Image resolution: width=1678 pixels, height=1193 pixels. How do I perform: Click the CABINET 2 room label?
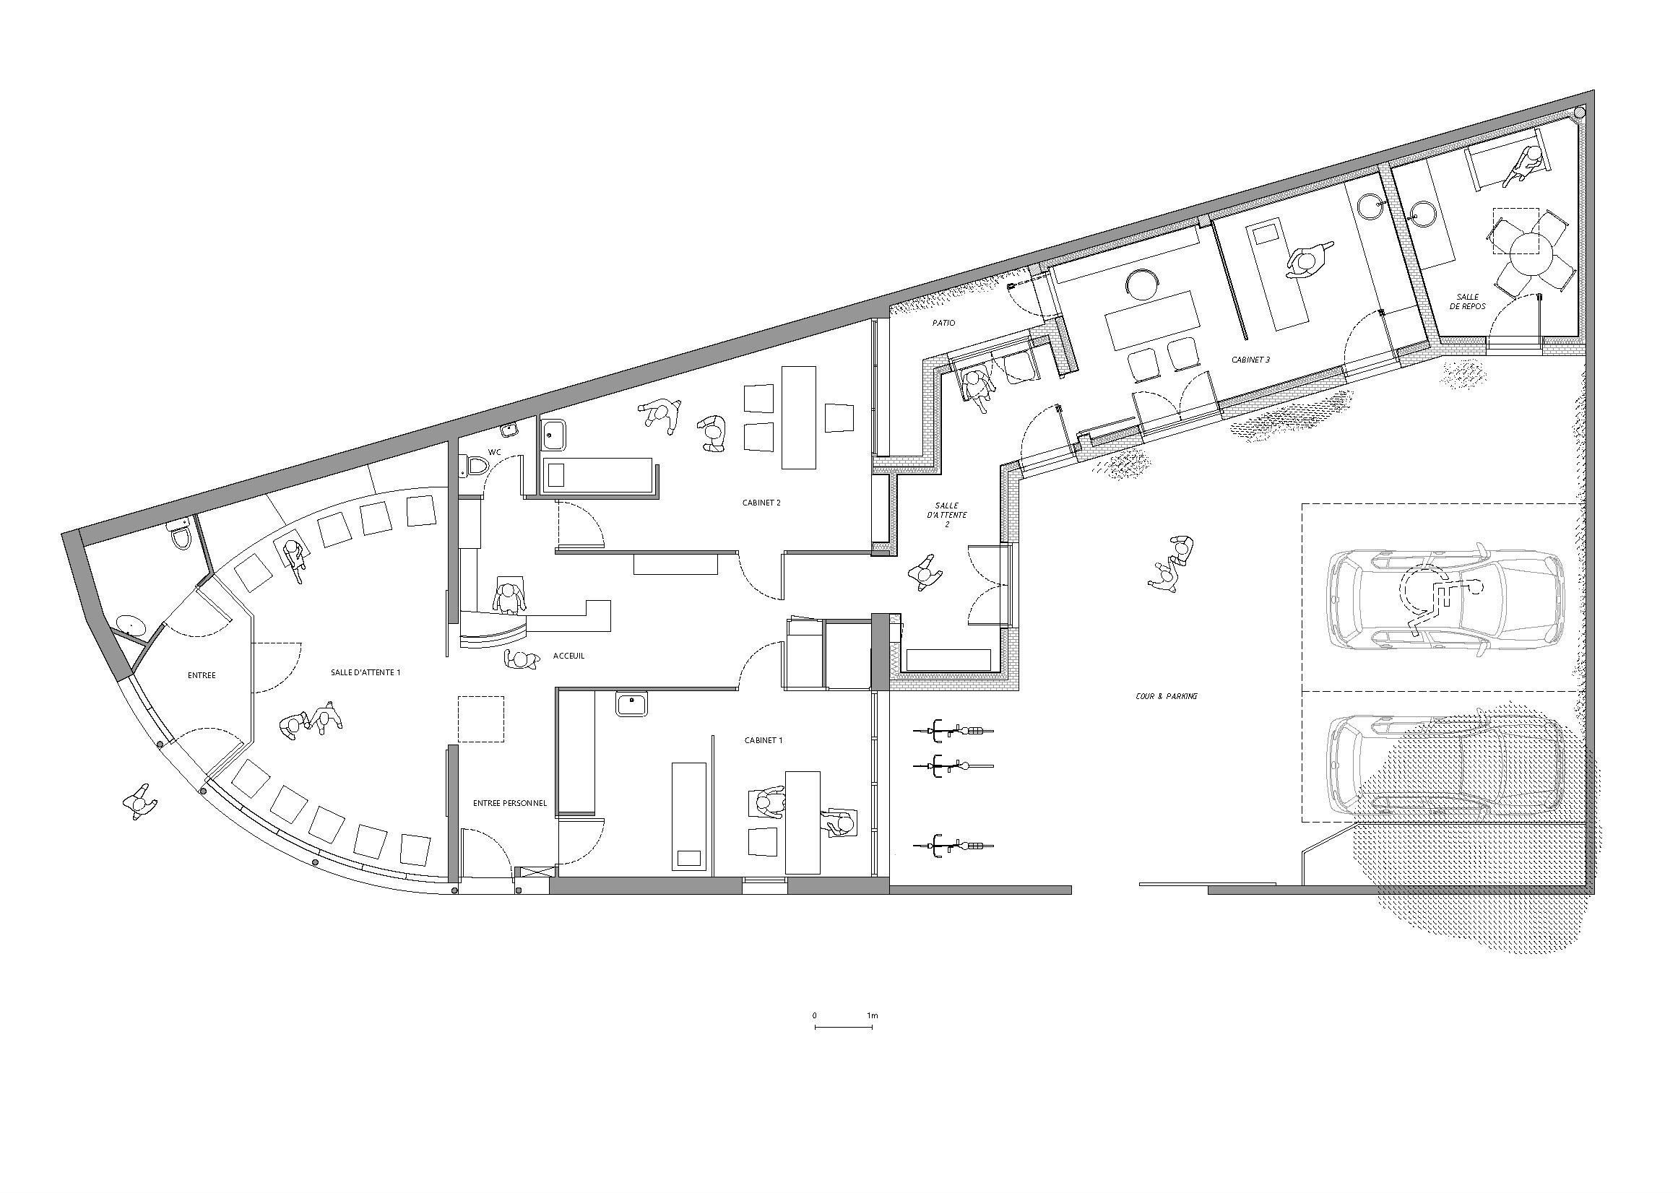tap(761, 503)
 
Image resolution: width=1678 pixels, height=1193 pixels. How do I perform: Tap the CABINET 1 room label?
tap(764, 740)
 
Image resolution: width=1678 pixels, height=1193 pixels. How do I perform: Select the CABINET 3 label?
tap(1251, 360)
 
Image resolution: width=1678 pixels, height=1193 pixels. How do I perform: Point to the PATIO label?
tap(943, 324)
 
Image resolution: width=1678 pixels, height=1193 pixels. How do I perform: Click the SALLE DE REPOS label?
tap(1468, 301)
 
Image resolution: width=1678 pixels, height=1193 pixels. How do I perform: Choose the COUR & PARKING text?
tap(1167, 695)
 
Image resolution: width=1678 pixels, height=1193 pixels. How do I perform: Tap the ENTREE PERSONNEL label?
tap(510, 804)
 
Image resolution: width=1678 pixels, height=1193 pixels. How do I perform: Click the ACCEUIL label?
tap(568, 656)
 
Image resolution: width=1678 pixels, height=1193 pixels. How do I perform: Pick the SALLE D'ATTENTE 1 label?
tap(365, 672)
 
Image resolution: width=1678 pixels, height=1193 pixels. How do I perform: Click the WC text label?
tap(494, 453)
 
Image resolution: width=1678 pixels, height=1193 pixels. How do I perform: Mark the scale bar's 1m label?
tap(872, 1016)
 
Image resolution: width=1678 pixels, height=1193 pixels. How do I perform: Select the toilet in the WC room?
tap(475, 467)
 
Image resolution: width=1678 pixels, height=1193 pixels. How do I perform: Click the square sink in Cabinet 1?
tap(632, 705)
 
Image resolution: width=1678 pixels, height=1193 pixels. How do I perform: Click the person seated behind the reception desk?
tap(509, 599)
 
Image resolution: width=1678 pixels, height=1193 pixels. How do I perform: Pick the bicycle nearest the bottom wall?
tap(953, 847)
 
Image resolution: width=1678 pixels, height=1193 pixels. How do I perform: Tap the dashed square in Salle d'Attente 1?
tap(480, 719)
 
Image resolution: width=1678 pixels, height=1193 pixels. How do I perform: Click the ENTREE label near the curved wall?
tap(202, 675)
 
